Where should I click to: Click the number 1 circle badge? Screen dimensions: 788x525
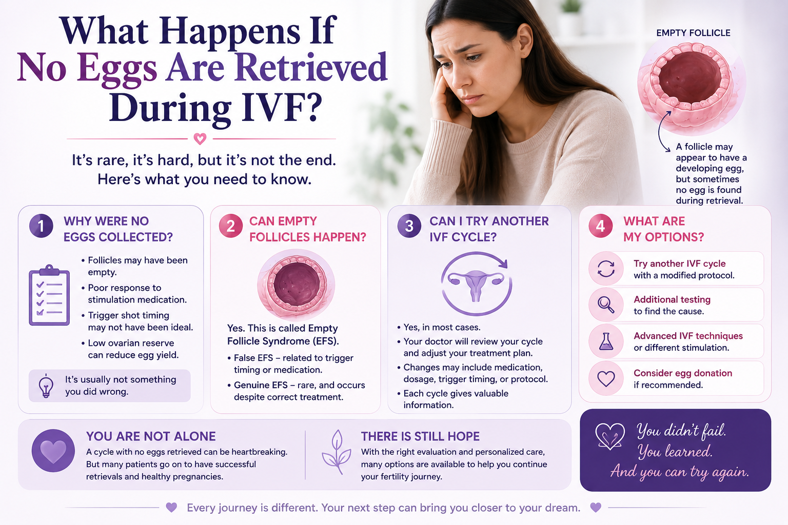click(x=41, y=226)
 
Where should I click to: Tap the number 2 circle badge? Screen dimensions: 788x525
click(x=230, y=226)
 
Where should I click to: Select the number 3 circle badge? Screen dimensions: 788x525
click(x=409, y=226)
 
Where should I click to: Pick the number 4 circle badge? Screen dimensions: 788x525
click(x=601, y=226)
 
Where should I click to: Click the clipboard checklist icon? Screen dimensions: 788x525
click(x=49, y=295)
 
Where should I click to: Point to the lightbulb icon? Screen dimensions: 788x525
click(x=46, y=386)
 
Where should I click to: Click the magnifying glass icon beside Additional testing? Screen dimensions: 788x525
click(x=606, y=305)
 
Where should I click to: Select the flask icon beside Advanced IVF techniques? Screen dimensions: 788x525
click(x=606, y=341)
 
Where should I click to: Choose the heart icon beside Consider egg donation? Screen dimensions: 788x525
click(x=606, y=378)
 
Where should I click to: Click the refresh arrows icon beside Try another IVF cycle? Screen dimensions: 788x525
click(x=606, y=269)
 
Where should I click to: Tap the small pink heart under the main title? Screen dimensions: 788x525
click(x=200, y=139)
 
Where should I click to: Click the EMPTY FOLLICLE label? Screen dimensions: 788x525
click(x=693, y=33)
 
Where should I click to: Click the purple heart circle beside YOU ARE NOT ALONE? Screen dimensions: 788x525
click(x=53, y=451)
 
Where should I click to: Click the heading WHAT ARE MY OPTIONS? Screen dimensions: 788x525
click(x=663, y=229)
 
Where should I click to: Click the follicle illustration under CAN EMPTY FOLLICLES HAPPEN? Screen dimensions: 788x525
click(x=296, y=285)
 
